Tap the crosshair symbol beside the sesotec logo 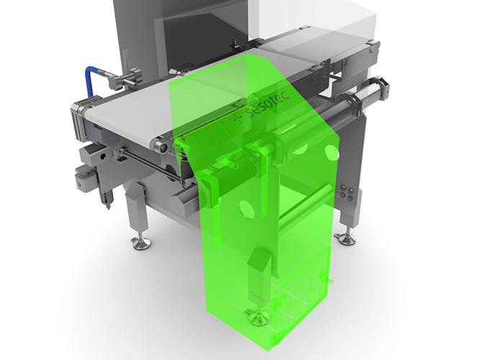point(238,118)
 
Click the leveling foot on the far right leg point(346,237)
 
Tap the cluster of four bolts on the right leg point(347,192)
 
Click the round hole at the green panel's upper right point(331,153)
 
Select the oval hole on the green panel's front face point(246,210)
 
